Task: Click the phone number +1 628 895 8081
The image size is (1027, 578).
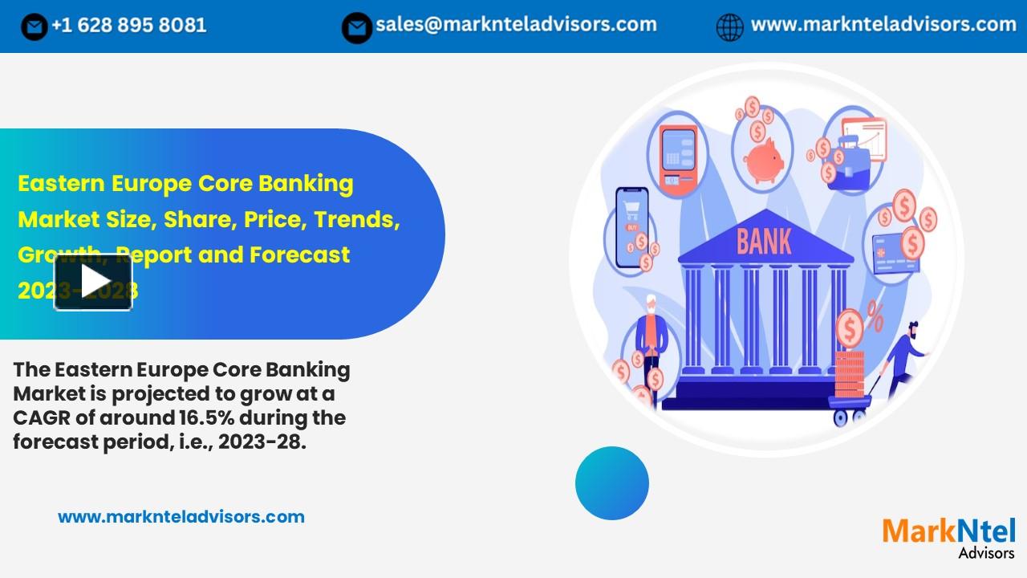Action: tap(128, 26)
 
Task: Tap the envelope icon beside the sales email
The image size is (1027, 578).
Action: tap(356, 27)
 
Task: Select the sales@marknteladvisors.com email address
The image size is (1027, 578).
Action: tap(516, 25)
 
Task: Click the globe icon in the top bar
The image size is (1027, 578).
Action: tap(729, 27)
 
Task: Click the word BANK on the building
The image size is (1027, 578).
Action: tap(764, 241)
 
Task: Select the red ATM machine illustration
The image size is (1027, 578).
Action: tap(678, 156)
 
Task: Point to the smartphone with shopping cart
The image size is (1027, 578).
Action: tap(631, 227)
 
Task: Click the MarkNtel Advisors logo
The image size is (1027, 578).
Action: tap(949, 536)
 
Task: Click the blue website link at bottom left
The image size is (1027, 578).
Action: tap(181, 517)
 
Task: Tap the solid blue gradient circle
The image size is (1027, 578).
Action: tap(612, 483)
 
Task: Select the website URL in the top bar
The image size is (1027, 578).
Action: tap(883, 25)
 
